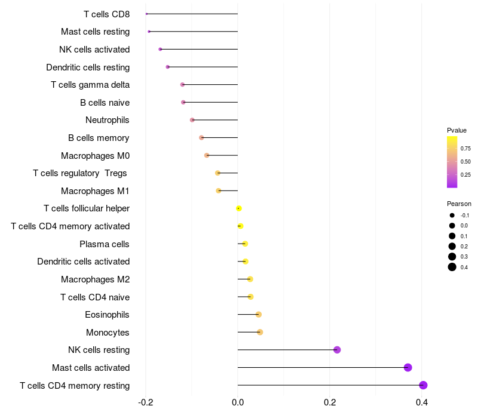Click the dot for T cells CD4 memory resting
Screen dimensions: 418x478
point(423,385)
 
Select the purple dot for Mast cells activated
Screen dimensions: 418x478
point(408,367)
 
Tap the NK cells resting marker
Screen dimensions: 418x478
point(337,350)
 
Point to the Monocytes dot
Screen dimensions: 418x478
point(260,332)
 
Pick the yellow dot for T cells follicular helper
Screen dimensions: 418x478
point(239,208)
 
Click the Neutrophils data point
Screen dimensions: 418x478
point(192,120)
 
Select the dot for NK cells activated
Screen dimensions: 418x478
point(160,49)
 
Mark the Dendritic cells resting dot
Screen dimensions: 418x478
point(168,67)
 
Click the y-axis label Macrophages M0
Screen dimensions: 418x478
point(95,156)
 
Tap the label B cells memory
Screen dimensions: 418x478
point(99,138)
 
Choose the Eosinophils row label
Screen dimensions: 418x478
point(108,315)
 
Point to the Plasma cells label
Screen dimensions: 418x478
point(105,244)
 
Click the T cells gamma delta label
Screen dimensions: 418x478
point(90,85)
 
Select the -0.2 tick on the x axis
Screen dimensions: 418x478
point(146,402)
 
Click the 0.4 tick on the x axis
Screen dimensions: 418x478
point(422,402)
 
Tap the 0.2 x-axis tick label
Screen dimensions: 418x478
point(330,402)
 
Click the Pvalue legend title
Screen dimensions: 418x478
point(456,130)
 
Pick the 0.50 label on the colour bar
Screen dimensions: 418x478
point(465,162)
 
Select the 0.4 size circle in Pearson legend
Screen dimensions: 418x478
point(452,267)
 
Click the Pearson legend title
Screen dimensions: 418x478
point(459,204)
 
